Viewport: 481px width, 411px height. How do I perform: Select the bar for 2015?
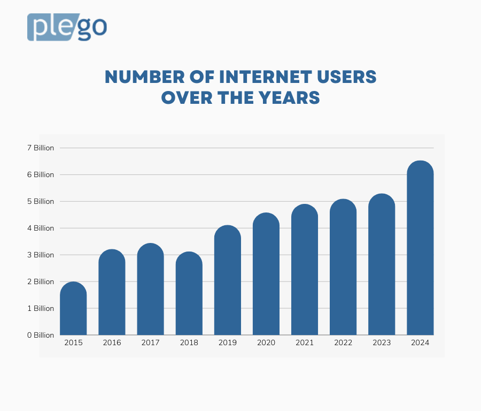pos(73,309)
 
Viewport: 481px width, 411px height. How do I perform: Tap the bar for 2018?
pos(189,294)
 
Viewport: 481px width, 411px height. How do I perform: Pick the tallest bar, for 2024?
pos(420,249)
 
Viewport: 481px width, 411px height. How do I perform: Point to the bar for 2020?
pos(266,275)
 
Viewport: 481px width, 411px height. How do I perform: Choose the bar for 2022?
pos(343,268)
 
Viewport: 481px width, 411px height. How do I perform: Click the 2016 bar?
pos(112,293)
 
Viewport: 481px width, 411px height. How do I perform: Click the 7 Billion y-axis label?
pos(41,148)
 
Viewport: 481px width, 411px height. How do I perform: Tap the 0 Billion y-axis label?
pos(41,335)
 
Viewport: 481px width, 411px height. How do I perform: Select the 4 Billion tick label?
pos(41,228)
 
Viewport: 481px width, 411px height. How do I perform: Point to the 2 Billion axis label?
pos(41,281)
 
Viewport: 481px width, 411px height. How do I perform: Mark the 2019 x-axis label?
pos(228,343)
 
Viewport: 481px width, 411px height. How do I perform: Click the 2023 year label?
pos(382,343)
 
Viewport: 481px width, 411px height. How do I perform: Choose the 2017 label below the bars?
pos(150,343)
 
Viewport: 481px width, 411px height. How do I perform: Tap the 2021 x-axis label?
pos(305,343)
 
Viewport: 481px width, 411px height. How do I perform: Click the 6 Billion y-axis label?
pos(41,174)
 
